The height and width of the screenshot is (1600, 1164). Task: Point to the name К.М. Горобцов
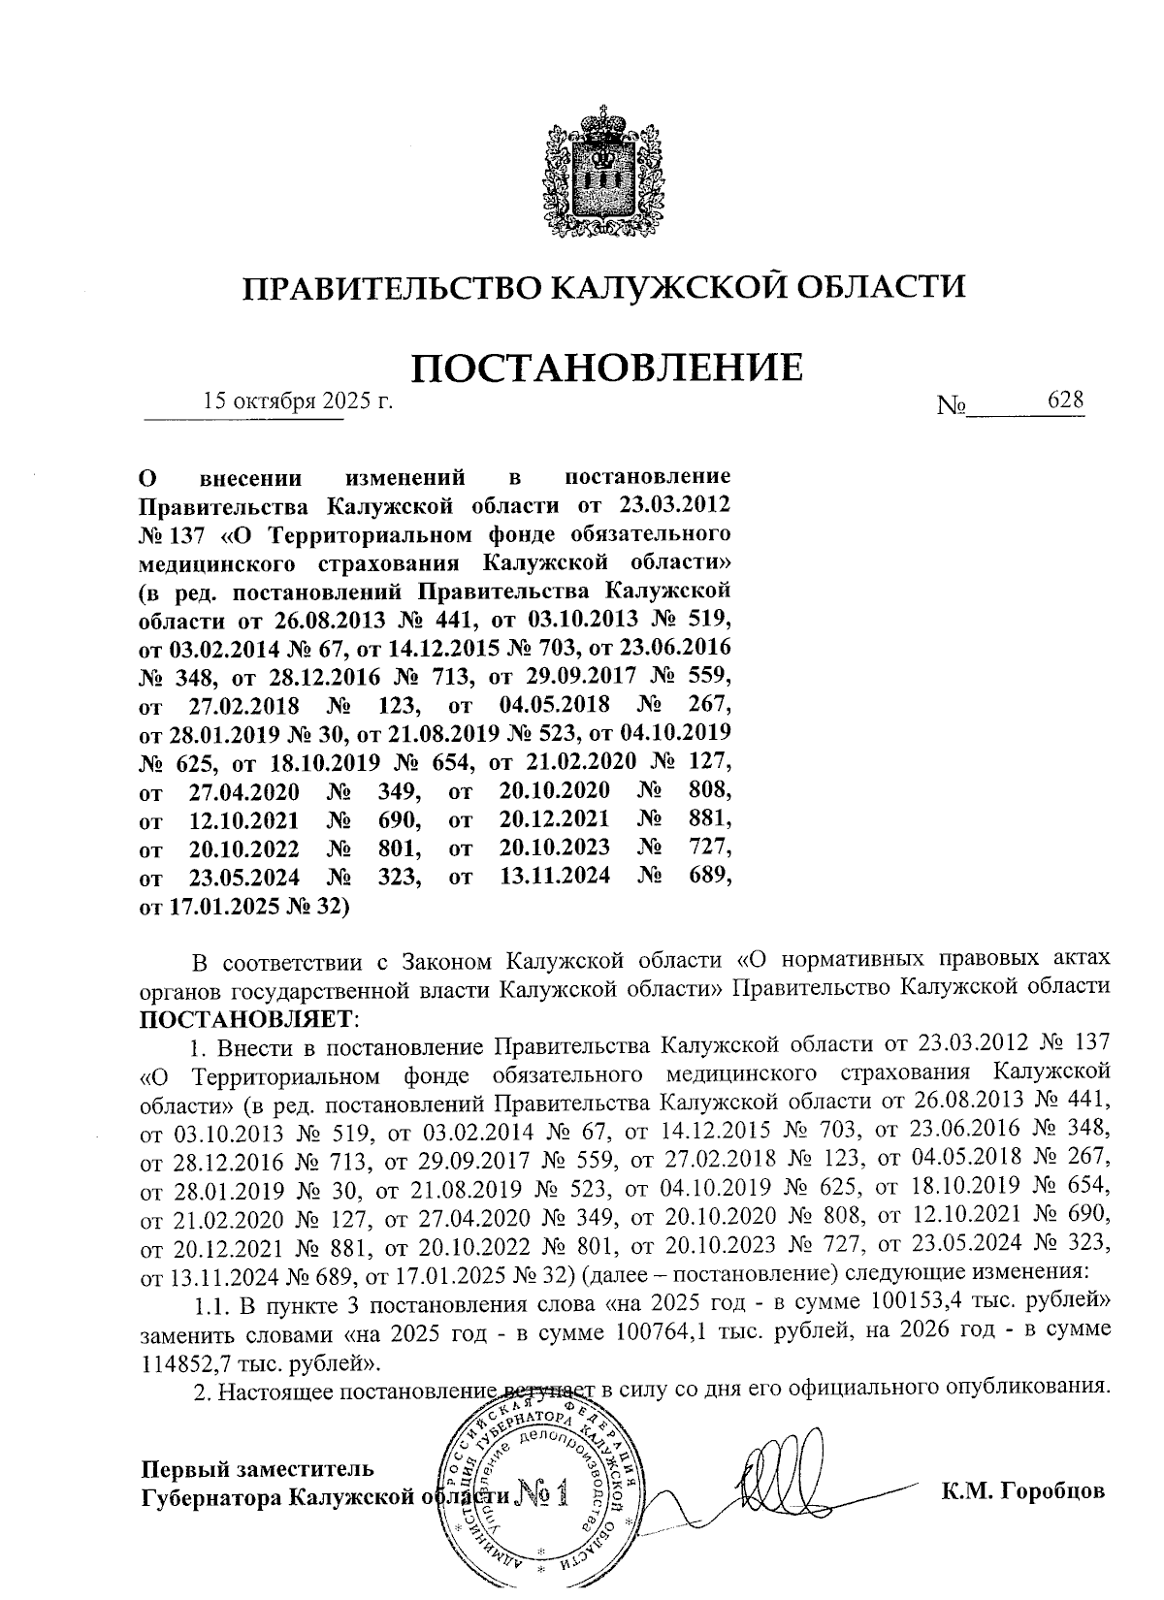click(1022, 1490)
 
